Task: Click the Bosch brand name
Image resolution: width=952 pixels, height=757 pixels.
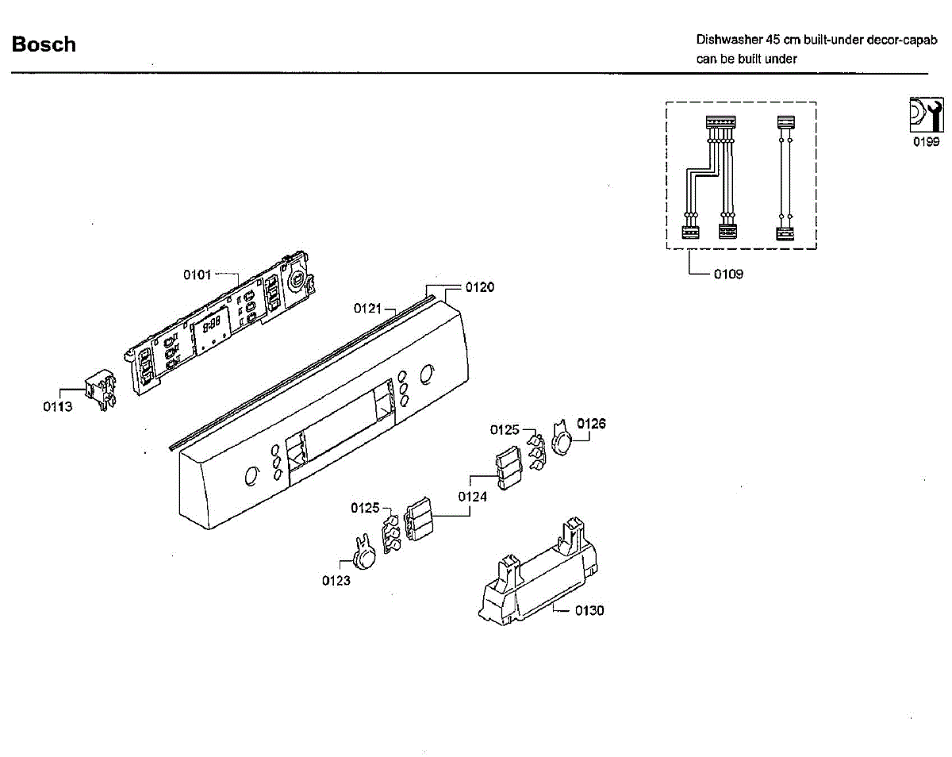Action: (44, 44)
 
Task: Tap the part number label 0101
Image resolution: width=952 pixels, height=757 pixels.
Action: (198, 275)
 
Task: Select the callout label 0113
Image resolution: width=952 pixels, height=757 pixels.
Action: (57, 407)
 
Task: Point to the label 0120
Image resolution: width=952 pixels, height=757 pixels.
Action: (479, 287)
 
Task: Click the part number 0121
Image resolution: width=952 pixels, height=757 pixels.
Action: (368, 307)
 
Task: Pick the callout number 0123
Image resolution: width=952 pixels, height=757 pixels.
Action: (336, 580)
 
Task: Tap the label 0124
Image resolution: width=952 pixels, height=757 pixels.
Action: (473, 497)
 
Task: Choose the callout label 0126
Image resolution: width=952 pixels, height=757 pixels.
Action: (591, 424)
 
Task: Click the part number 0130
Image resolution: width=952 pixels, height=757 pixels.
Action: (589, 610)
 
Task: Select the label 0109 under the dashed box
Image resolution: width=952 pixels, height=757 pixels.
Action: (728, 275)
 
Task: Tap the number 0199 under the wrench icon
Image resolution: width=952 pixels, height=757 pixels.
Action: (925, 142)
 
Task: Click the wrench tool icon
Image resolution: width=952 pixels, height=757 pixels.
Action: (924, 114)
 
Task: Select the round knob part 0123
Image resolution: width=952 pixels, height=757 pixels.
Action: (365, 555)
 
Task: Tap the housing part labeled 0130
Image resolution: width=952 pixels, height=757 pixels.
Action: (539, 574)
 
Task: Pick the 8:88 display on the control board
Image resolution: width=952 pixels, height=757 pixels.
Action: (211, 325)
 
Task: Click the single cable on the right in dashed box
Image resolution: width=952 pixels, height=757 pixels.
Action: (785, 178)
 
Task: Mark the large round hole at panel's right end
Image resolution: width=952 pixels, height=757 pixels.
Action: (427, 373)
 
